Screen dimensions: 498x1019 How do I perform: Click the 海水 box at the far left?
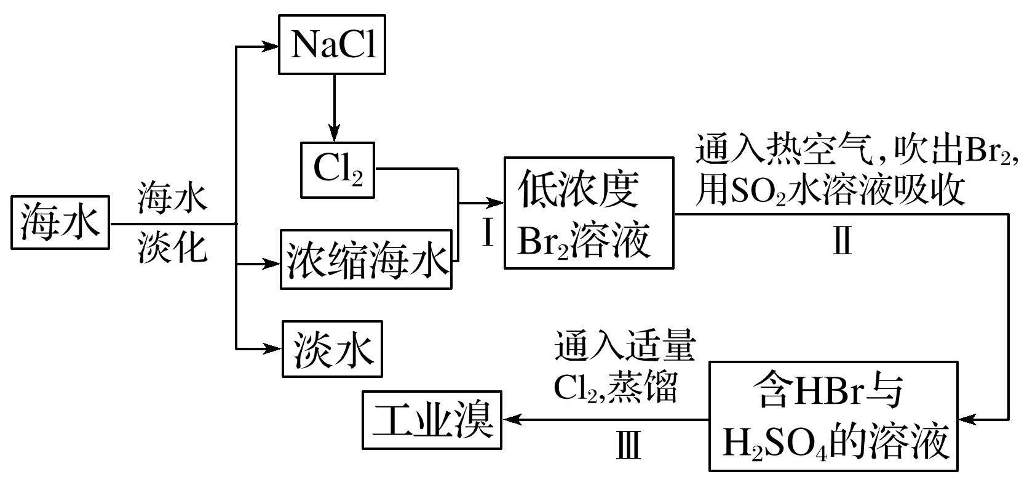[x=60, y=223]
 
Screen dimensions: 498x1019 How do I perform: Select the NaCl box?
[x=333, y=46]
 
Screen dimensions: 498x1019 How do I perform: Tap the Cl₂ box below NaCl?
[x=337, y=169]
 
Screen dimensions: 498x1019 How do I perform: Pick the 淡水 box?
[x=332, y=349]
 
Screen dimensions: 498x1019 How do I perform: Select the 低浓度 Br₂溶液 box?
[x=589, y=213]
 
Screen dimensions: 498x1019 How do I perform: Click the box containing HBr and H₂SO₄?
[x=833, y=417]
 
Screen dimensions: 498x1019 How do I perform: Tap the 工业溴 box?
[x=432, y=420]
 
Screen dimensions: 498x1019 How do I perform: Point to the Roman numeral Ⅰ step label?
[x=488, y=233]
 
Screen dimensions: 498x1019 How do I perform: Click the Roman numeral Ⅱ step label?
[x=842, y=241]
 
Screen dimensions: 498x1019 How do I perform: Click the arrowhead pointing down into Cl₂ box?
[x=333, y=134]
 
